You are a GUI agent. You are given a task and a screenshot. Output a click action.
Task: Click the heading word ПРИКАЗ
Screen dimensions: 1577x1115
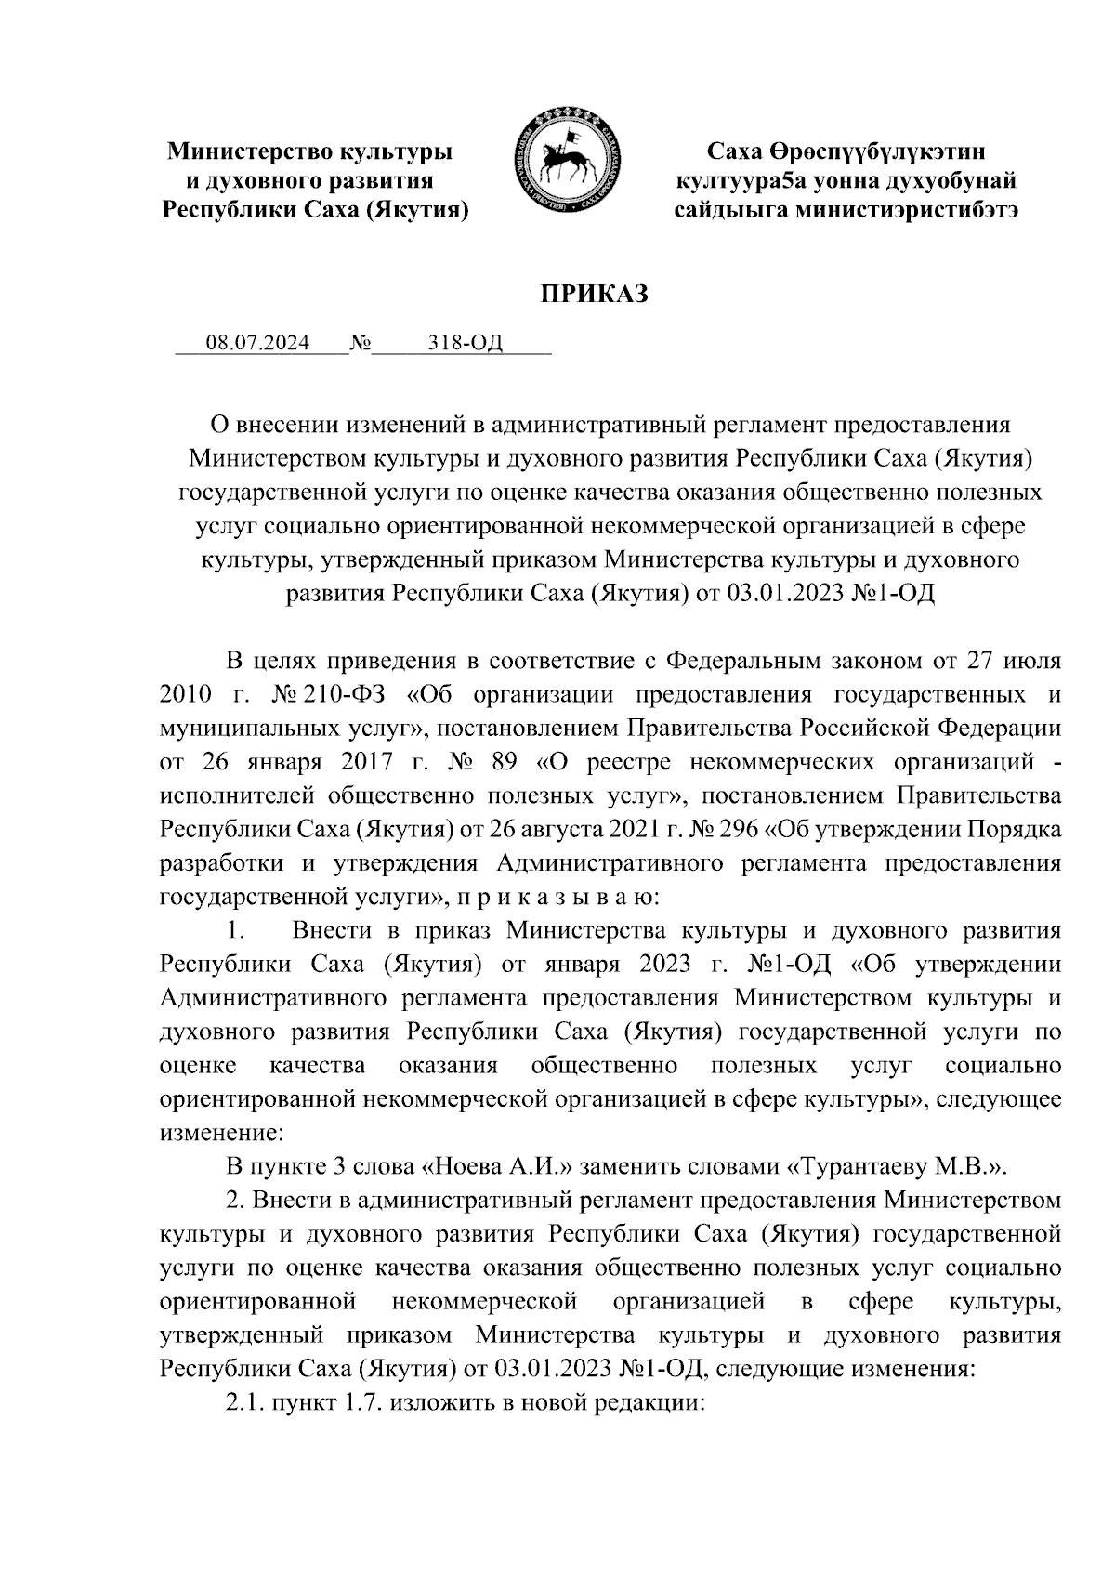tap(594, 295)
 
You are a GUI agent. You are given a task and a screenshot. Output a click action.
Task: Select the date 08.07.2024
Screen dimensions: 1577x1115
tap(257, 344)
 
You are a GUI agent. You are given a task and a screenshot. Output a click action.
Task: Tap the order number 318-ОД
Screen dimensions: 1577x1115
tap(466, 344)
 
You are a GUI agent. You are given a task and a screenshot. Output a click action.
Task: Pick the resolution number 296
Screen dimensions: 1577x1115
tap(740, 829)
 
